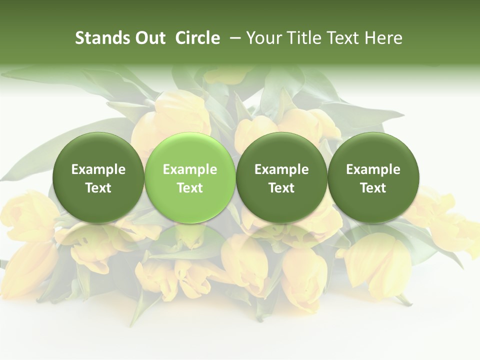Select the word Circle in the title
197,38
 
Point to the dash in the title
233,38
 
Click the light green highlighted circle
189,177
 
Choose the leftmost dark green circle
98,177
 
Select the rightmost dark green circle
373,177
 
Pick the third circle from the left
281,177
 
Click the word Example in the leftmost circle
98,169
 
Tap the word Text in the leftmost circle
98,188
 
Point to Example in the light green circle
189,169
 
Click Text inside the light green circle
189,188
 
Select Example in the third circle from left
281,169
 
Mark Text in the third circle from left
281,188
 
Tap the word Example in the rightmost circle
373,169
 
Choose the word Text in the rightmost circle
373,188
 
